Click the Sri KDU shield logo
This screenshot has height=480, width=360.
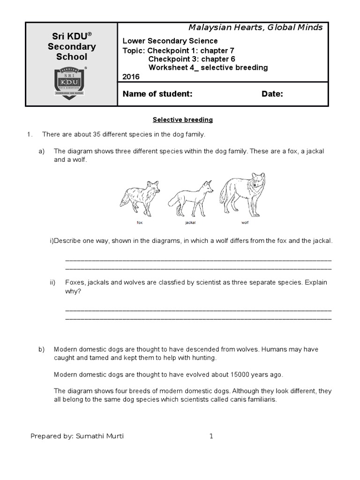(x=71, y=82)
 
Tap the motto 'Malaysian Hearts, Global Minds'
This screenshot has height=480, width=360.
(x=255, y=28)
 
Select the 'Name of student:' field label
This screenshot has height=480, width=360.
(x=157, y=94)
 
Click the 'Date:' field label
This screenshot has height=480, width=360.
(x=272, y=94)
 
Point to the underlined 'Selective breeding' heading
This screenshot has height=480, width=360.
(x=184, y=120)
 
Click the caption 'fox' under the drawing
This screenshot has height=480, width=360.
(x=139, y=223)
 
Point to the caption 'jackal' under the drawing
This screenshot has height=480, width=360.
(x=190, y=223)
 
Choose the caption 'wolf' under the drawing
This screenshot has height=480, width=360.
(x=245, y=223)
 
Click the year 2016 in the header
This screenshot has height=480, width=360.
(x=131, y=77)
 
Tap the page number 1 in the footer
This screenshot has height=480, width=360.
(x=211, y=436)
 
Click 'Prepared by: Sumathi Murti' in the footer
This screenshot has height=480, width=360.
(x=77, y=436)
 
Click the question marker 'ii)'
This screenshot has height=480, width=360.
(x=52, y=283)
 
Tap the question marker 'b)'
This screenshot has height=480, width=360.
(x=41, y=350)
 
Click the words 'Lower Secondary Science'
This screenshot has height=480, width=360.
(x=170, y=41)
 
